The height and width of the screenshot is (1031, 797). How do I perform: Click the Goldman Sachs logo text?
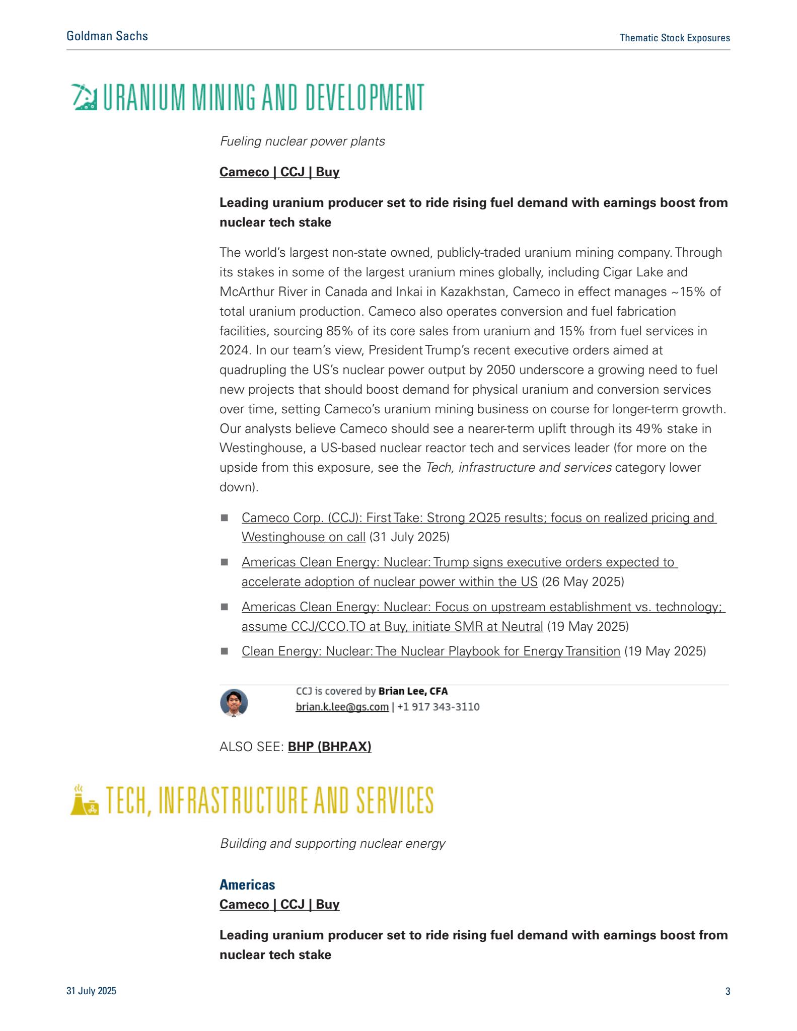point(107,36)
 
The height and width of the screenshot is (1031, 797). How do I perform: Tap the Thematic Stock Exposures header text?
point(674,38)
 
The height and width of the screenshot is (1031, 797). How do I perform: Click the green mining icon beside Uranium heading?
point(84,97)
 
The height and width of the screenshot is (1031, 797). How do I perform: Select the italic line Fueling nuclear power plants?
point(302,141)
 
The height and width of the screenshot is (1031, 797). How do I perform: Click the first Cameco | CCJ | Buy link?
point(279,172)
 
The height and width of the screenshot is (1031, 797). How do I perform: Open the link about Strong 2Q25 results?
point(478,518)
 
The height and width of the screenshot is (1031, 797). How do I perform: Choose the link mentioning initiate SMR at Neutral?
point(392,627)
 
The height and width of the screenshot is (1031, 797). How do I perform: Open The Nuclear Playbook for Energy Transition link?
point(430,651)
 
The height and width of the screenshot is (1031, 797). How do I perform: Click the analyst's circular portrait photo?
point(234,702)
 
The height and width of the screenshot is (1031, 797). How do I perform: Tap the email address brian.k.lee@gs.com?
point(342,707)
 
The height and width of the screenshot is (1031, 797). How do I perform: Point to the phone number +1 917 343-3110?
point(438,707)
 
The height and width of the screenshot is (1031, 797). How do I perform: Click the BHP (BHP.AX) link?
point(329,747)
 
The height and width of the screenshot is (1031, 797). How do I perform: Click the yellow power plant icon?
point(84,800)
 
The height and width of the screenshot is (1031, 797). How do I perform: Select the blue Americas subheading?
point(247,885)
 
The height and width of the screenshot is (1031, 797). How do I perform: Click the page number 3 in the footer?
point(728,991)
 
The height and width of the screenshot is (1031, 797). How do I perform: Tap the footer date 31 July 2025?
point(91,991)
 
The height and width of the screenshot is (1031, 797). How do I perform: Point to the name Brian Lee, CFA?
point(413,691)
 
